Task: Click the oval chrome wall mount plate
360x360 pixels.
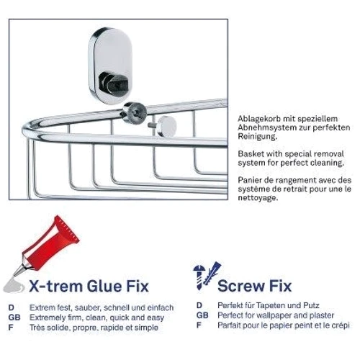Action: click(111, 66)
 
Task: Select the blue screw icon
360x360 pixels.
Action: click(199, 277)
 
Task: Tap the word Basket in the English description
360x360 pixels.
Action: click(251, 154)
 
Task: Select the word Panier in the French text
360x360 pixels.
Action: click(251, 180)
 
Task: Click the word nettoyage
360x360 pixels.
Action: click(258, 198)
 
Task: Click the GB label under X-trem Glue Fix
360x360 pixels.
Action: click(14, 318)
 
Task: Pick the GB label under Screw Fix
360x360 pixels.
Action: click(202, 315)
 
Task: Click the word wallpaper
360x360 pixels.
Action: click(272, 315)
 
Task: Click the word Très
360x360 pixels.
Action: click(37, 328)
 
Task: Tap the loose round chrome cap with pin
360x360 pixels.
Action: click(163, 126)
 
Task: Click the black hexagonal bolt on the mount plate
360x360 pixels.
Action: click(114, 83)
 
